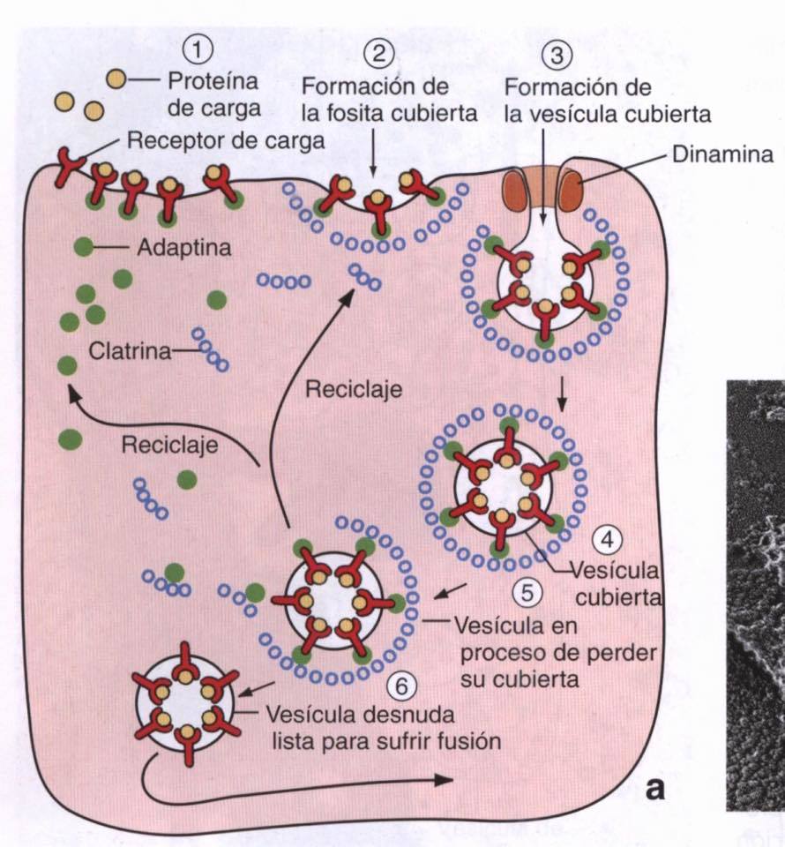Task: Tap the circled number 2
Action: coord(378,52)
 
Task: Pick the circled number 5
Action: coord(528,593)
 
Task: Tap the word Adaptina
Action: coord(184,249)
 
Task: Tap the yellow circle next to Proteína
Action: coord(116,79)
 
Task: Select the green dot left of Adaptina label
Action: coord(82,248)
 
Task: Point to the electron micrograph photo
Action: coord(755,591)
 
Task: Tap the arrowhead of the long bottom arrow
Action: coord(445,781)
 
